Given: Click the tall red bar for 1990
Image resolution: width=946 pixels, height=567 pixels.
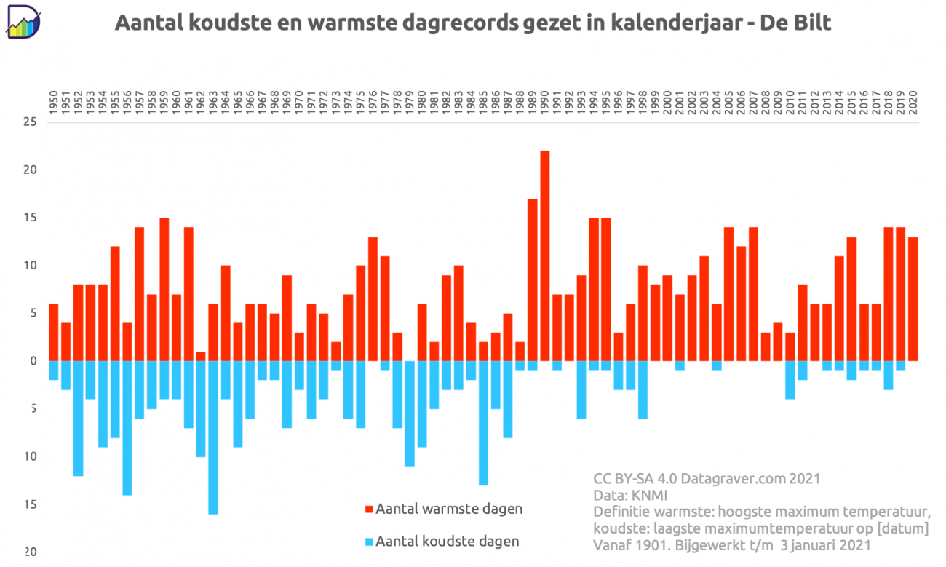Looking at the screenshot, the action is [545, 255].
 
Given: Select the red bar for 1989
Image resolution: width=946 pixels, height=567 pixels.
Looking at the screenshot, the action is [533, 279].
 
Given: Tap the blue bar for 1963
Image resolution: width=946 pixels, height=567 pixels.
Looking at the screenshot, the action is [213, 437].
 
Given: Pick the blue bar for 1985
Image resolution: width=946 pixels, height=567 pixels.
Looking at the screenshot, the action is [484, 423].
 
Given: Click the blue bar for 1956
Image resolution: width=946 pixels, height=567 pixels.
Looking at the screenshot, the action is [127, 428].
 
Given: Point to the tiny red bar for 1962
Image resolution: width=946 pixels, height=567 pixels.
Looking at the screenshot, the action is [201, 356].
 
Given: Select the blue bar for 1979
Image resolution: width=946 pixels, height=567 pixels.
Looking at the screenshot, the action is [410, 413].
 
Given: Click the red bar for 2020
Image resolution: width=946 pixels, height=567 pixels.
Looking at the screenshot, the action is [913, 298].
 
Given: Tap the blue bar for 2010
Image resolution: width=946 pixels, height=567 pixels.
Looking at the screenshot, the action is [790, 380].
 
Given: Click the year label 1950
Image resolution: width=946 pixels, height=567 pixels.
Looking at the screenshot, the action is [54, 102].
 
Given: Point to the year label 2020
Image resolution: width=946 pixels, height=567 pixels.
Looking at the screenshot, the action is [913, 102].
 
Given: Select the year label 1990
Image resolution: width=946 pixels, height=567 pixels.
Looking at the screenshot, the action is [545, 102].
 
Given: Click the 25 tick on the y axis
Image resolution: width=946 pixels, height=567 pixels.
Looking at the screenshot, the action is [30, 122].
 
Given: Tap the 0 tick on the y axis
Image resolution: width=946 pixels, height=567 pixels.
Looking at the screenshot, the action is [33, 361].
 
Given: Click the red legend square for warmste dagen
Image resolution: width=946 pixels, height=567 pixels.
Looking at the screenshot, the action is [369, 509].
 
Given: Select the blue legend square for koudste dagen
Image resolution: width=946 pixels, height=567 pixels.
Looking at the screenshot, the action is [369, 542].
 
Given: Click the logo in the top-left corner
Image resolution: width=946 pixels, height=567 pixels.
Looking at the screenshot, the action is [23, 22].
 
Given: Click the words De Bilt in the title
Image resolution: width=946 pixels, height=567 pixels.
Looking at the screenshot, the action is [795, 23].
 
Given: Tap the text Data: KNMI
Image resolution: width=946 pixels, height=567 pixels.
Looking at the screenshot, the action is [630, 495].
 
